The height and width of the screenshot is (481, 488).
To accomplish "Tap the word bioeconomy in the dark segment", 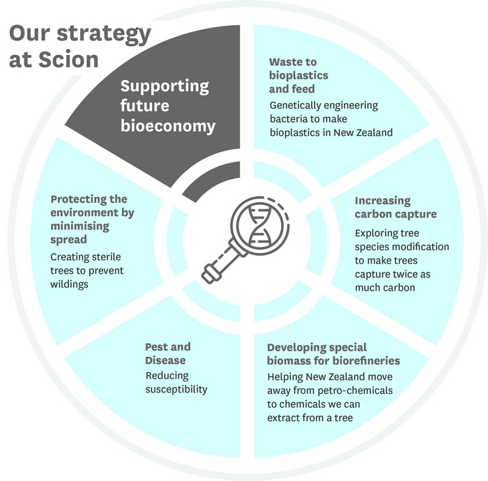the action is (168, 125).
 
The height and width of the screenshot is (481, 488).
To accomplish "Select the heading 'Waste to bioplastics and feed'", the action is (298, 75).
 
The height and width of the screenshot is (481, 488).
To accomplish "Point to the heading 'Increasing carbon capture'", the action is (395, 207).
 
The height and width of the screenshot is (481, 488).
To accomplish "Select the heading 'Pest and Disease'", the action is (168, 353).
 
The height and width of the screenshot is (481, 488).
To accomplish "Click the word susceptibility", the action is (176, 390).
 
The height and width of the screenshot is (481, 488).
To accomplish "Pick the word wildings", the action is (69, 284).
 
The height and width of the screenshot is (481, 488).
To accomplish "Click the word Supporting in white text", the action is (165, 86).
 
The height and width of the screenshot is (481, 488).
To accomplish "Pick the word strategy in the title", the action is (104, 34).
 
